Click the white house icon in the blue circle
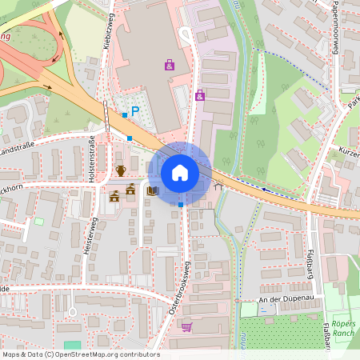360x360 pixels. click(x=179, y=173)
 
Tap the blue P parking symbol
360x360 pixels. click(x=135, y=113)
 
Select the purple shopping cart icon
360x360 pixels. click(x=186, y=326)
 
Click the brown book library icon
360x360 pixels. click(x=152, y=191)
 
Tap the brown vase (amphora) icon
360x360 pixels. click(x=121, y=170)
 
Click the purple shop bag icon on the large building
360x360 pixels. click(x=169, y=65)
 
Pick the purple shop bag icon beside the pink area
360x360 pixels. click(x=199, y=96)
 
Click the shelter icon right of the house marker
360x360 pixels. click(x=218, y=186)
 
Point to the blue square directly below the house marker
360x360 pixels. click(x=181, y=205)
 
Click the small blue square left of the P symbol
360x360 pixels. click(x=124, y=116)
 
